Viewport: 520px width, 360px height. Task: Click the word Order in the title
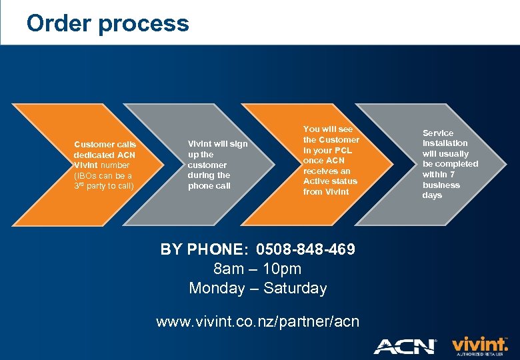[59, 23]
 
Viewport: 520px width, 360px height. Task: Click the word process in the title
[143, 25]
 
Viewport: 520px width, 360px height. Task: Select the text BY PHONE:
[203, 249]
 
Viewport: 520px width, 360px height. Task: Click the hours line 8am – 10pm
[257, 269]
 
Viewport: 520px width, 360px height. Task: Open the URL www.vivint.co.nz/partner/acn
[257, 321]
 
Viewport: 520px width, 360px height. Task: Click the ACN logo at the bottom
[405, 346]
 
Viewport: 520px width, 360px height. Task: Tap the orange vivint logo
[479, 343]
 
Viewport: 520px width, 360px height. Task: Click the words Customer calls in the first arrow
[105, 144]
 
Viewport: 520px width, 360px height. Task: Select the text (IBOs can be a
[103, 175]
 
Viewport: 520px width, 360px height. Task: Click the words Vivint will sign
[217, 144]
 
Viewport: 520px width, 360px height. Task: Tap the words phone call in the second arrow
[209, 186]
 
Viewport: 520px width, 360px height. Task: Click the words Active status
[330, 181]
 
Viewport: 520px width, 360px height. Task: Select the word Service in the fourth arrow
[437, 133]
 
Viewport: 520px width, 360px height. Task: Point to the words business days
[441, 190]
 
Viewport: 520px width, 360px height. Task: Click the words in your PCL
[327, 150]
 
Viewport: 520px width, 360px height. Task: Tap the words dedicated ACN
[104, 155]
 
